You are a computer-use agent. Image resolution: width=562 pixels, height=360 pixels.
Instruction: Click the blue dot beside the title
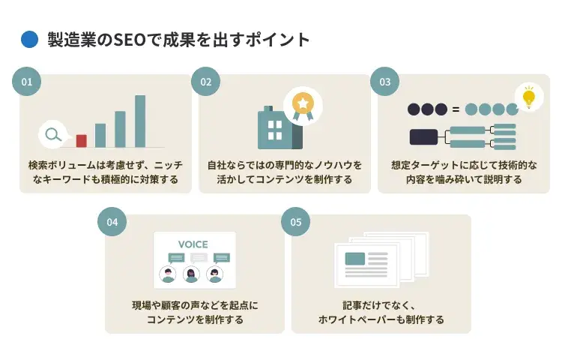pyautogui.click(x=29, y=40)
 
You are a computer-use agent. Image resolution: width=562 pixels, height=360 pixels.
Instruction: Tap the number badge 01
pyautogui.click(x=27, y=82)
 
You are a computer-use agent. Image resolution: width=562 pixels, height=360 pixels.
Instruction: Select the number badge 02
pyautogui.click(x=206, y=82)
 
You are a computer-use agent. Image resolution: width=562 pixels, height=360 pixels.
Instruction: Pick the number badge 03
pyautogui.click(x=384, y=82)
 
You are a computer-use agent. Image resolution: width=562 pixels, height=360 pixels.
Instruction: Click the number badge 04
pyautogui.click(x=112, y=222)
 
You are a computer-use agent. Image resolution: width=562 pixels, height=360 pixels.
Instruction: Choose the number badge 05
pyautogui.click(x=295, y=222)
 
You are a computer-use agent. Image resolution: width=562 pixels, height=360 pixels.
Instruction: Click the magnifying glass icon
pyautogui.click(x=52, y=136)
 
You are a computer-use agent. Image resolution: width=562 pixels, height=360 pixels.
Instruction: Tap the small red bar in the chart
pyautogui.click(x=81, y=141)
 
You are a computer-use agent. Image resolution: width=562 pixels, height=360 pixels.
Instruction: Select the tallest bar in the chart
pyautogui.click(x=139, y=121)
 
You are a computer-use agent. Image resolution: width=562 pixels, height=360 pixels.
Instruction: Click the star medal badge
pyautogui.click(x=303, y=103)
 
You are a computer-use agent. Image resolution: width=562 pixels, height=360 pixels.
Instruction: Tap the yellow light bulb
pyautogui.click(x=529, y=97)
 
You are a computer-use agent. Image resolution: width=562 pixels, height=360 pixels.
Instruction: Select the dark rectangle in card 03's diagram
pyautogui.click(x=423, y=136)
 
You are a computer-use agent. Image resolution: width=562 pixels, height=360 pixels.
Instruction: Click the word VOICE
pyautogui.click(x=193, y=244)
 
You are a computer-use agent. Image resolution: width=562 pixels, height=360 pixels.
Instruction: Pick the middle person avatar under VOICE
pyautogui.click(x=192, y=274)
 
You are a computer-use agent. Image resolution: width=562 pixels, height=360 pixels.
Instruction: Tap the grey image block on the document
pyautogui.click(x=354, y=259)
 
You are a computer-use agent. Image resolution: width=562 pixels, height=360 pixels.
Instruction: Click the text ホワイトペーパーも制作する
pyautogui.click(x=381, y=319)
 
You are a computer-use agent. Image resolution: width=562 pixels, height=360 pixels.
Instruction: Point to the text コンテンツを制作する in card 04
pyautogui.click(x=195, y=319)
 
